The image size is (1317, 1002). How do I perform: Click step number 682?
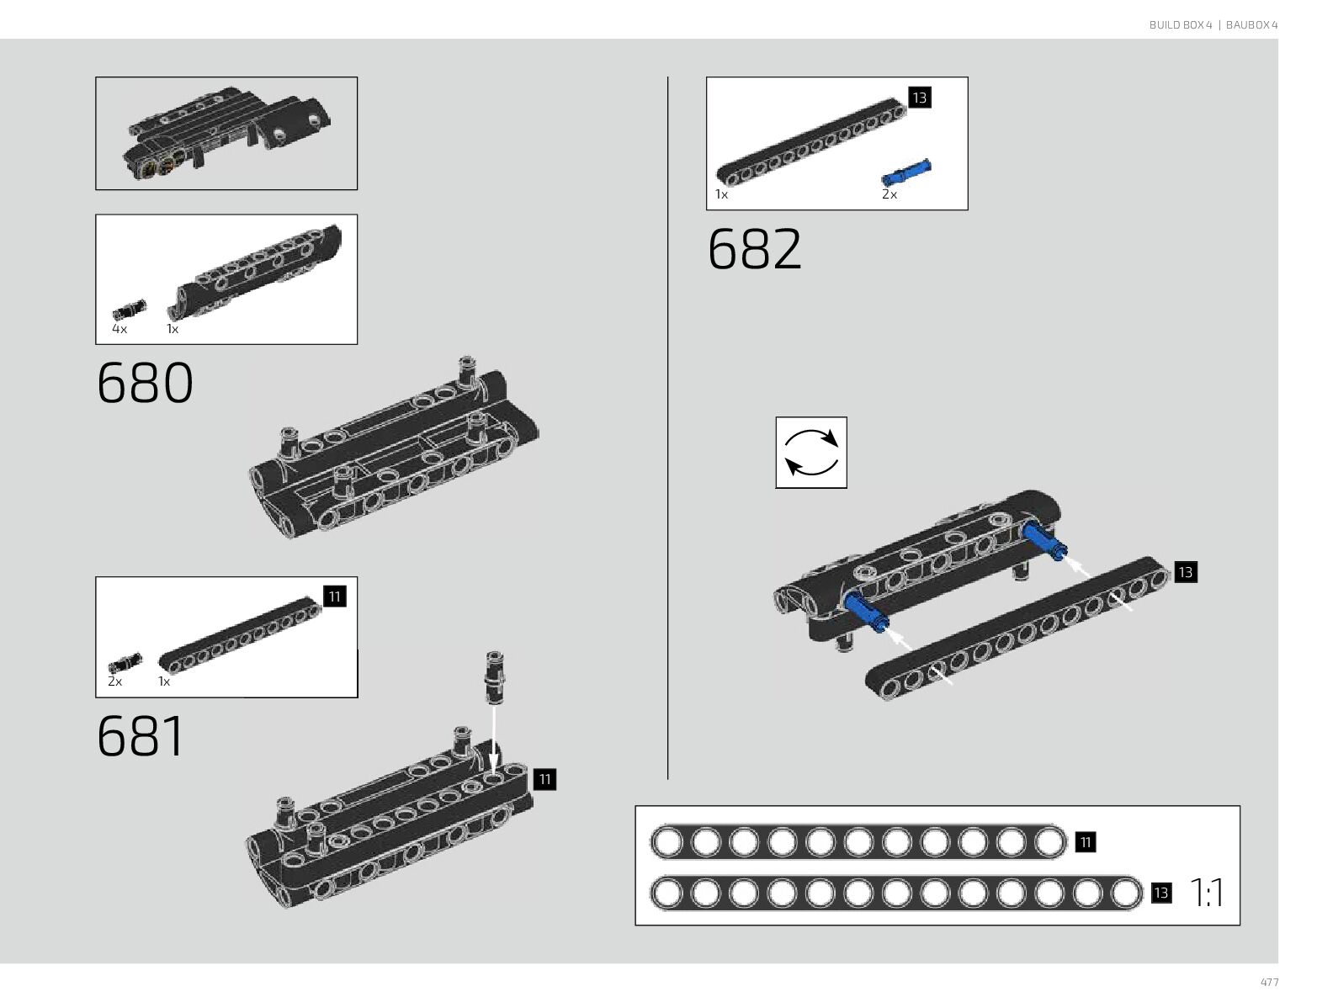pos(755,249)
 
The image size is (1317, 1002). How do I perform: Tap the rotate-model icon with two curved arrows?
pos(810,453)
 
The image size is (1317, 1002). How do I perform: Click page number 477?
pos(1269,983)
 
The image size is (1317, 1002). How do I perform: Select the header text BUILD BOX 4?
pos(1180,25)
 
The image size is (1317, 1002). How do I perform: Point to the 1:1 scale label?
pos(1208,893)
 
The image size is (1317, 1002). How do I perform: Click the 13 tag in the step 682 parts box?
pos(919,98)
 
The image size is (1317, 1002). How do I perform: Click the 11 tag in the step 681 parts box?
pos(334,596)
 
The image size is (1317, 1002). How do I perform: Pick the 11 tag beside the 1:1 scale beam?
pos(1085,842)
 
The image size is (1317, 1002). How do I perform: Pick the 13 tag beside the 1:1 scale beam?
pos(1160,893)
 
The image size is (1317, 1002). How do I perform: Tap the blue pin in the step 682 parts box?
pos(906,172)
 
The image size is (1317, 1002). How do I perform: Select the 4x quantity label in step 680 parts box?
pos(119,329)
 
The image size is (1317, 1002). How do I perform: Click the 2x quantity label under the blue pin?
pos(890,194)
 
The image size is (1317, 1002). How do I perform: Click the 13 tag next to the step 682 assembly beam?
pos(1185,573)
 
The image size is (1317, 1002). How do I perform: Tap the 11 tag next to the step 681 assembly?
pos(544,780)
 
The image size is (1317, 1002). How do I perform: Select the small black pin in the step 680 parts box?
pos(129,309)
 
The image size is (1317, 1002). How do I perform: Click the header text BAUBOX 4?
pos(1251,25)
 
